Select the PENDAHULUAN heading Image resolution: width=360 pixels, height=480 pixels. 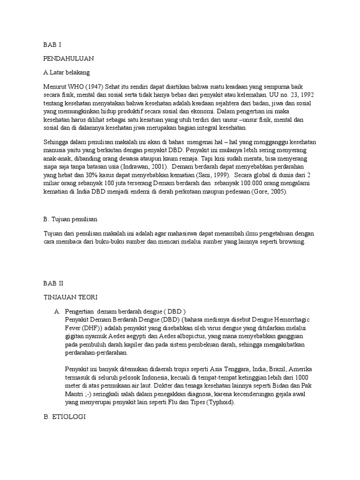(68, 59)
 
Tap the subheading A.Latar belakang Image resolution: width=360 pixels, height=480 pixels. (66, 73)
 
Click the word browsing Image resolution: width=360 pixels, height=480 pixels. (291, 242)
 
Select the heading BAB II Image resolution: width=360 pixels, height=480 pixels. (53, 285)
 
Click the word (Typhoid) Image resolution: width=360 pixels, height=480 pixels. (217, 403)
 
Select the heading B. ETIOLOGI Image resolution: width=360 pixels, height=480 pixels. (67, 415)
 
